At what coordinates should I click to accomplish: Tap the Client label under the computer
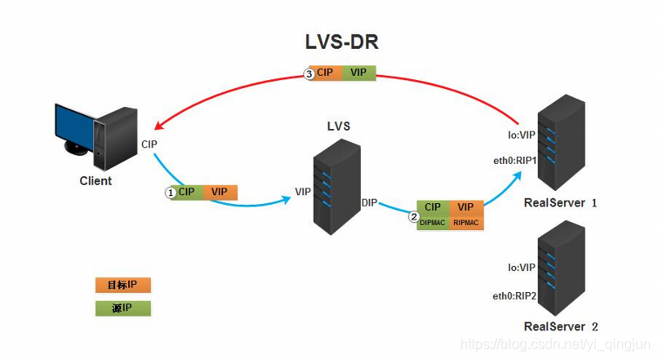click(x=95, y=181)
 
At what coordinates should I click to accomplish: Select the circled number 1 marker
click(x=171, y=192)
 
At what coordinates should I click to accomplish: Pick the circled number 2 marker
click(x=414, y=218)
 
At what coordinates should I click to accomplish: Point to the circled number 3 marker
click(x=309, y=74)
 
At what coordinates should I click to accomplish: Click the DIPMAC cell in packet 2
click(x=431, y=223)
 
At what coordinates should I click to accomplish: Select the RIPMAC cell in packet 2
click(x=465, y=223)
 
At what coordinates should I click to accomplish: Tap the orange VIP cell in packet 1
click(x=220, y=192)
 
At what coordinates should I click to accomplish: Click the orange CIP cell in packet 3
click(x=325, y=74)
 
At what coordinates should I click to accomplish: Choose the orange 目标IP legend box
click(x=123, y=285)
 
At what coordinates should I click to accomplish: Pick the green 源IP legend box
click(x=123, y=308)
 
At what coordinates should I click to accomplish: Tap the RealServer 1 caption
click(x=560, y=202)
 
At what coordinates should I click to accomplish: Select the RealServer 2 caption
click(x=560, y=326)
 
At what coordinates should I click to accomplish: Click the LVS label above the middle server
click(x=338, y=126)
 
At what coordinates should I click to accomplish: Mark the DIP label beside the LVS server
click(x=369, y=203)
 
